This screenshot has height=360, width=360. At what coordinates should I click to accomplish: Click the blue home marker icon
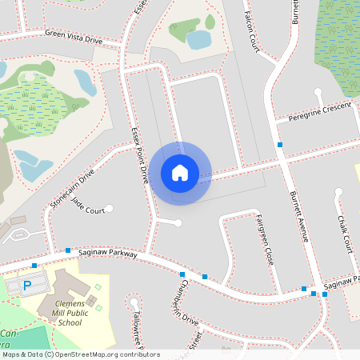[x=180, y=173]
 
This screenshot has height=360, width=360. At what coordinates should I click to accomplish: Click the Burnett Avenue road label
[x=298, y=217]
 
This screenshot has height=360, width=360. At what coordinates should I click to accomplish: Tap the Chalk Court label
[x=344, y=233]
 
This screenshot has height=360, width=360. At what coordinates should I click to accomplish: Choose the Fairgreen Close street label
[x=265, y=239]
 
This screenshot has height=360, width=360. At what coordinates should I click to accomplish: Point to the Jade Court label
[x=89, y=210]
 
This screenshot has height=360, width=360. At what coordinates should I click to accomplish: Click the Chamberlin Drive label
[x=185, y=302]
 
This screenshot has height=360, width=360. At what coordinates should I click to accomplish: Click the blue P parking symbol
[x=26, y=285]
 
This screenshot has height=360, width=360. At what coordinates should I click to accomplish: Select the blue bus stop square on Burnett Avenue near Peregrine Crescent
[x=280, y=145]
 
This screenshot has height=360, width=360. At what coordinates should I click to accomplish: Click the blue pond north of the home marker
[x=198, y=38]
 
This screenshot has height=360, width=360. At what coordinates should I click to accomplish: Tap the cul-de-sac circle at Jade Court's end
[x=109, y=209]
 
